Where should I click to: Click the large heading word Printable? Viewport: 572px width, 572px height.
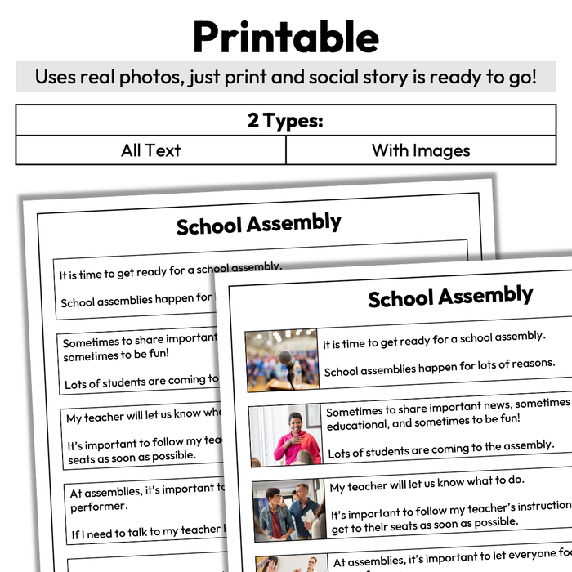(285, 37)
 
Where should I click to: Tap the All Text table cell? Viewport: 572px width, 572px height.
(150, 150)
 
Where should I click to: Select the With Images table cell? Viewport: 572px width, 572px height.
(420, 150)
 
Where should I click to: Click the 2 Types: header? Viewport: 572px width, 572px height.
(285, 121)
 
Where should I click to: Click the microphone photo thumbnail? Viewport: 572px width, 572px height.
(282, 360)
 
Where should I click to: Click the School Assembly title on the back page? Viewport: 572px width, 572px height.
(258, 223)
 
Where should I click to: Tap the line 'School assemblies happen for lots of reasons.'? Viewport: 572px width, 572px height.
(439, 367)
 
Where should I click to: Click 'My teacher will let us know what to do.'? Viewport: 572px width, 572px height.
(427, 483)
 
